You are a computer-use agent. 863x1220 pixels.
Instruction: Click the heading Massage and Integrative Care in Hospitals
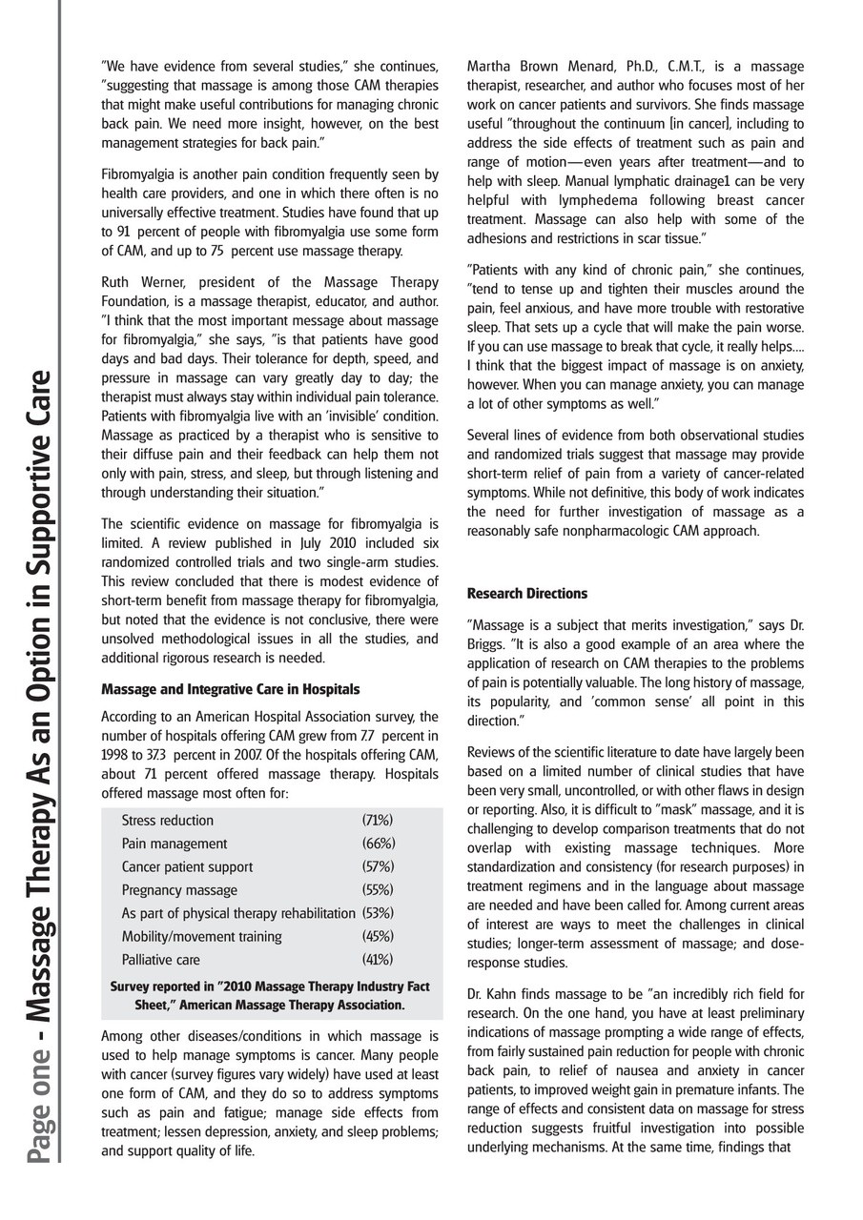coord(230,689)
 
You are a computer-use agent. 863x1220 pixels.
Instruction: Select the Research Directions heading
coord(526,594)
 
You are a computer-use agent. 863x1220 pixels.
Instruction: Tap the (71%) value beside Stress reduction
coord(378,821)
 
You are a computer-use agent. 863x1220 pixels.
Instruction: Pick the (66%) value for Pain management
coord(379,844)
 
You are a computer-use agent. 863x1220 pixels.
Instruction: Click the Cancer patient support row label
coord(187,867)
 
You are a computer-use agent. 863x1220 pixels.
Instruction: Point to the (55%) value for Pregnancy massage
coord(379,890)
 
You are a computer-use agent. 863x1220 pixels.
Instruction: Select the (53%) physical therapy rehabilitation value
coord(379,913)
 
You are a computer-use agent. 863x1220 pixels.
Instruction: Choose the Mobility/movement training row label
coord(201,937)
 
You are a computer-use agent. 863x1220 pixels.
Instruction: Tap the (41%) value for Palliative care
coord(378,960)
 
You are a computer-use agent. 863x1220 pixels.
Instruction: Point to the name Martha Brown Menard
coord(534,67)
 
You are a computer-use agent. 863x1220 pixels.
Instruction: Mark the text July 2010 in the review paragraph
coord(297,542)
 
